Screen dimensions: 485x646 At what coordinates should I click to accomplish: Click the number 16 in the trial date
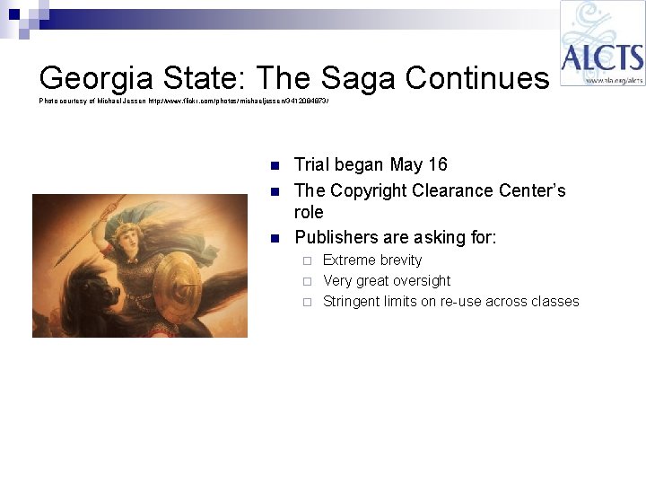(437, 165)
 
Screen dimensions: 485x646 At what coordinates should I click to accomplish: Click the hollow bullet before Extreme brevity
(307, 260)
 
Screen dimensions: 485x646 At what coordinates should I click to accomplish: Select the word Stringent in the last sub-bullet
(353, 302)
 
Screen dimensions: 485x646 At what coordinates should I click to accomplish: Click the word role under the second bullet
(310, 214)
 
